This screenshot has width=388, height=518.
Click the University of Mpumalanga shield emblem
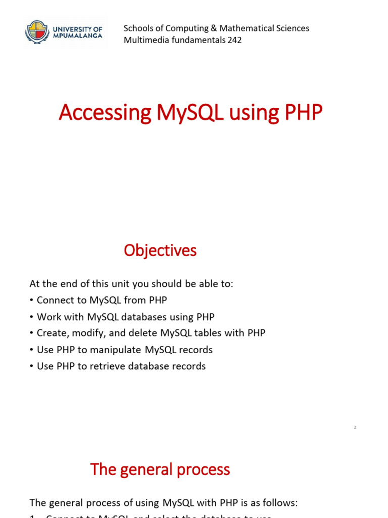(x=36, y=31)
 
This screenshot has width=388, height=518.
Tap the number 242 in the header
(x=234, y=40)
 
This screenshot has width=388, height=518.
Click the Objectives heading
(x=160, y=250)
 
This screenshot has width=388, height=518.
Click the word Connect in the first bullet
(x=54, y=300)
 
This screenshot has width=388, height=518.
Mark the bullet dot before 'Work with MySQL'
(x=32, y=317)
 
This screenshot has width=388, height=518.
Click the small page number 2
(x=355, y=428)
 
